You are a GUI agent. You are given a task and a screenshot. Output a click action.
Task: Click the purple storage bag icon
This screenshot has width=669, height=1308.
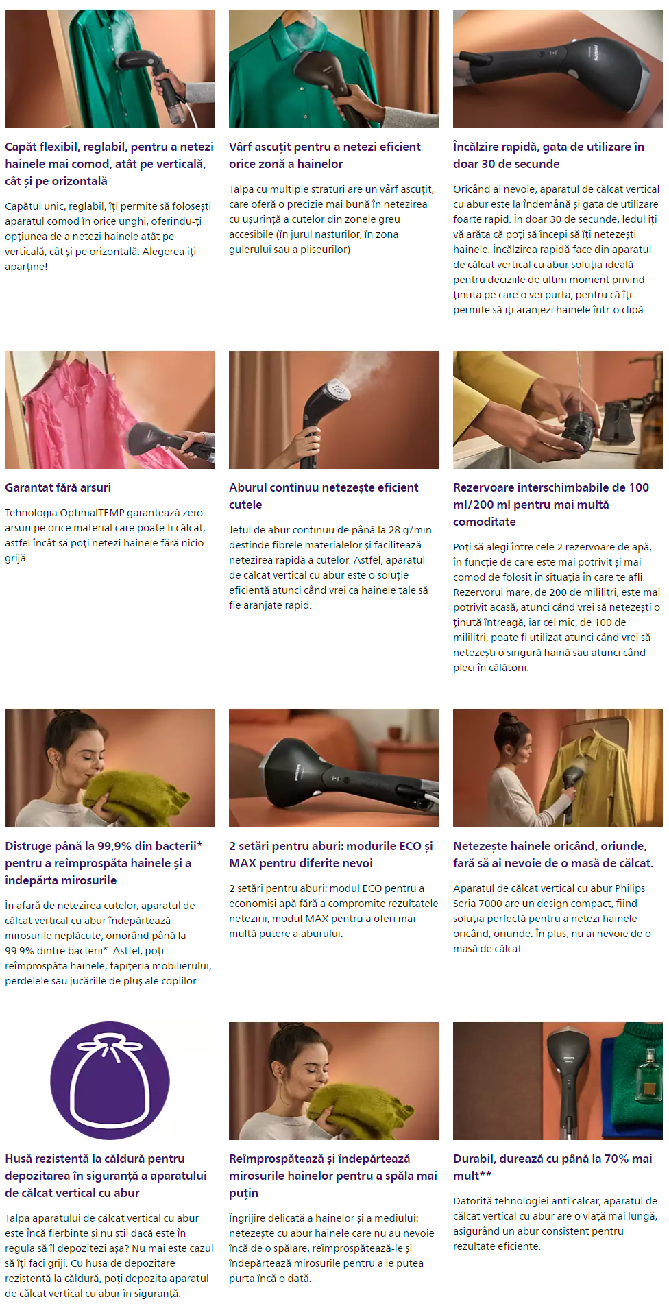point(110,1081)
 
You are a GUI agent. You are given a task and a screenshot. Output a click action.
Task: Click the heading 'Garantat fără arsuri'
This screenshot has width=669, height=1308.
point(58,487)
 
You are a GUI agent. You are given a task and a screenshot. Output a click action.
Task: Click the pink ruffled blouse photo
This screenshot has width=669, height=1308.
point(110,410)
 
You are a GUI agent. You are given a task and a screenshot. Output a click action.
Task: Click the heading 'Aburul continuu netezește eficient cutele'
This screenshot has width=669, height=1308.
point(324,496)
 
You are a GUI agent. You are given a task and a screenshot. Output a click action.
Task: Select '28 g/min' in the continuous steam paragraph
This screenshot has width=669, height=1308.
point(410,530)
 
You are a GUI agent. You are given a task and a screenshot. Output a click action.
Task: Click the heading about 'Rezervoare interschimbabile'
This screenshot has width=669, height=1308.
point(551,505)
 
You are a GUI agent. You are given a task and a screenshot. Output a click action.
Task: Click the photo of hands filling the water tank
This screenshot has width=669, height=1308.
point(558,410)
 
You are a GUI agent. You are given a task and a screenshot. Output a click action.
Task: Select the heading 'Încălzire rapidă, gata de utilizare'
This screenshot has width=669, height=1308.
point(548,155)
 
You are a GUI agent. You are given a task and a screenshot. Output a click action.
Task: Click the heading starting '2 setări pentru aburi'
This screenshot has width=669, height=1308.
point(331,854)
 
